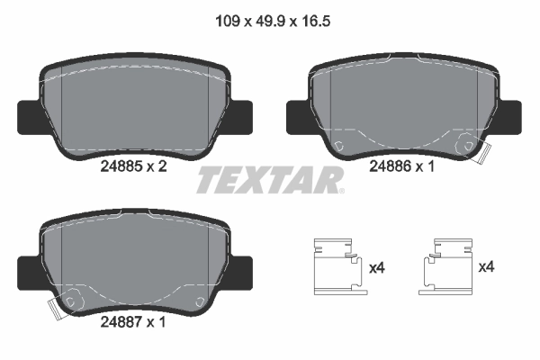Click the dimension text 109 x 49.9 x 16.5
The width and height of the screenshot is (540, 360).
[x=270, y=15]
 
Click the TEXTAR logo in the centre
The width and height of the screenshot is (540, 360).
[x=270, y=179]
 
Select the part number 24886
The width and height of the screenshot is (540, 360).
[x=390, y=166]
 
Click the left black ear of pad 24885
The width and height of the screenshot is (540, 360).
[x=29, y=115]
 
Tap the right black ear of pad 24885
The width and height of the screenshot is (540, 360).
[x=244, y=115]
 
